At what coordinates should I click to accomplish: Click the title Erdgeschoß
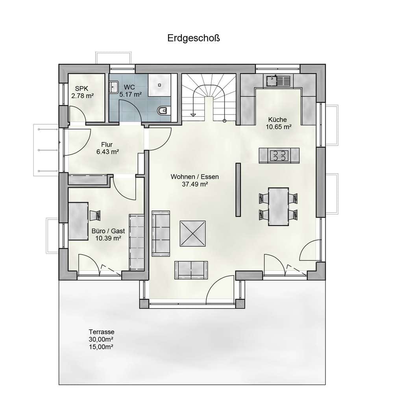(x=194, y=38)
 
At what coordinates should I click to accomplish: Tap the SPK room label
(x=81, y=89)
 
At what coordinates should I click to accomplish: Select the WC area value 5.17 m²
(x=131, y=94)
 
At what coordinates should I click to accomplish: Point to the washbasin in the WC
(x=114, y=87)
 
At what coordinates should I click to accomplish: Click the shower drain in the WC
(x=160, y=85)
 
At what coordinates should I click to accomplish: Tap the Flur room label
(x=107, y=144)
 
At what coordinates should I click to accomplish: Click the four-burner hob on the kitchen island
(x=279, y=155)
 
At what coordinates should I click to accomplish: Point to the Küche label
(x=277, y=120)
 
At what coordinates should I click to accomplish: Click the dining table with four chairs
(x=278, y=207)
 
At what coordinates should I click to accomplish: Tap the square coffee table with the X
(x=193, y=234)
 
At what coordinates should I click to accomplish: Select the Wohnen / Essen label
(x=195, y=177)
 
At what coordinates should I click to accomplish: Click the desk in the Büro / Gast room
(x=78, y=221)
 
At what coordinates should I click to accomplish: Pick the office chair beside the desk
(x=95, y=215)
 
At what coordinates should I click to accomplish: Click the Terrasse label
(x=102, y=332)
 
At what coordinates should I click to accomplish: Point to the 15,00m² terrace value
(x=101, y=347)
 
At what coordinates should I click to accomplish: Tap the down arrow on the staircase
(x=192, y=115)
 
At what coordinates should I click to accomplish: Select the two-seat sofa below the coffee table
(x=191, y=270)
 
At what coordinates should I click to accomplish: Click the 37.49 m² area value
(x=195, y=184)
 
